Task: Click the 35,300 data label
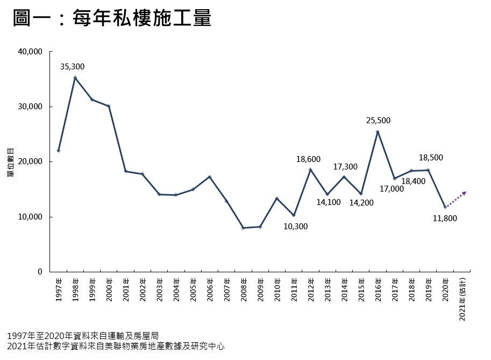(x=72, y=67)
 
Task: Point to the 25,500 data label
(x=378, y=121)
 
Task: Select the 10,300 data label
(x=296, y=227)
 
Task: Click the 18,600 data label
(x=309, y=159)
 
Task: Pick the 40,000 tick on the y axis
(x=31, y=52)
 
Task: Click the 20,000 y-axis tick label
(x=31, y=162)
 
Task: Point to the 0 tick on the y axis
(x=40, y=272)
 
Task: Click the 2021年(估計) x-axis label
(x=462, y=300)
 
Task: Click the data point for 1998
(x=75, y=77)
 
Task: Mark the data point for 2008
(x=243, y=228)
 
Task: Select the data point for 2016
(x=378, y=131)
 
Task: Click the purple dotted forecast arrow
(x=456, y=199)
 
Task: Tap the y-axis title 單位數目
(x=11, y=162)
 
